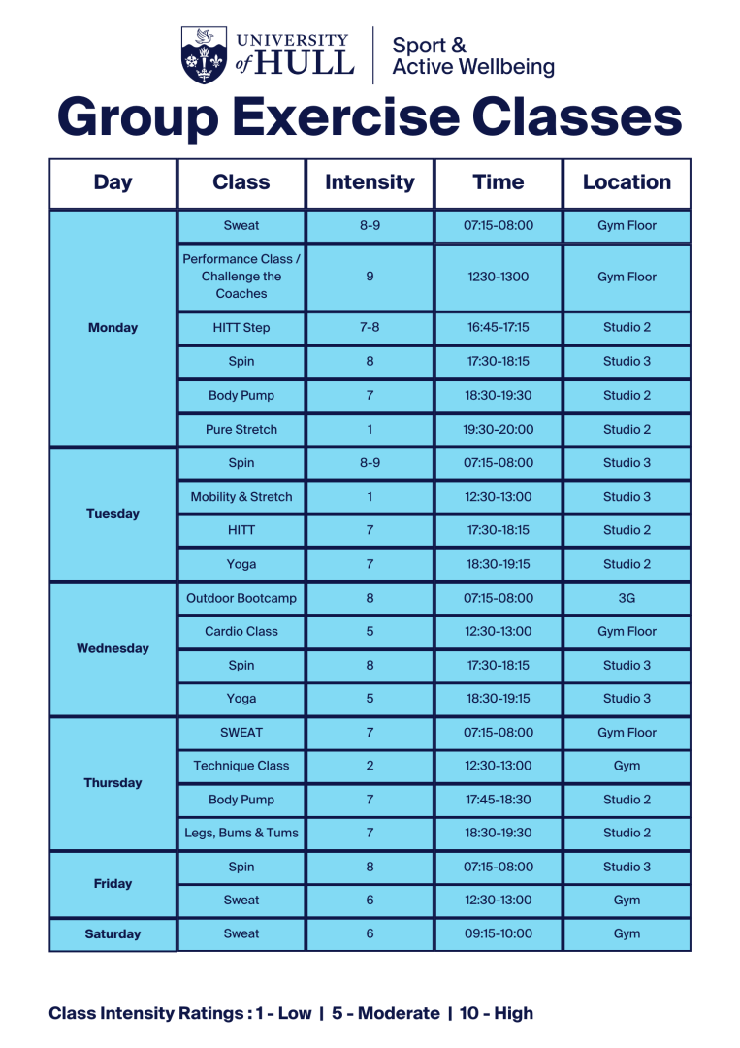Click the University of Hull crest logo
tap(204, 54)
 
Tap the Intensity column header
tap(370, 182)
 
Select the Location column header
tap(627, 182)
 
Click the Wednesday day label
tap(113, 648)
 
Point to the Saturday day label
tap(113, 934)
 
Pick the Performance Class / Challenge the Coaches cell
tap(241, 277)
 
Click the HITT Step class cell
tap(241, 328)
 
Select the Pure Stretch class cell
tap(241, 429)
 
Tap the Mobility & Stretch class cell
tap(241, 497)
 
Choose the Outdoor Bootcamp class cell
tap(241, 599)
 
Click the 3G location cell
tap(627, 599)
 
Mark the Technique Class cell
tap(241, 766)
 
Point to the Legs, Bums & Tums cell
tap(241, 833)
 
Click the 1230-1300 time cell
tap(499, 277)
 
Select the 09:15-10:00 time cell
tap(499, 934)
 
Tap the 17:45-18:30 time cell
tap(499, 800)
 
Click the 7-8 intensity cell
tap(370, 328)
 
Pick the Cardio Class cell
tap(241, 632)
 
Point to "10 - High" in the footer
tap(497, 1013)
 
